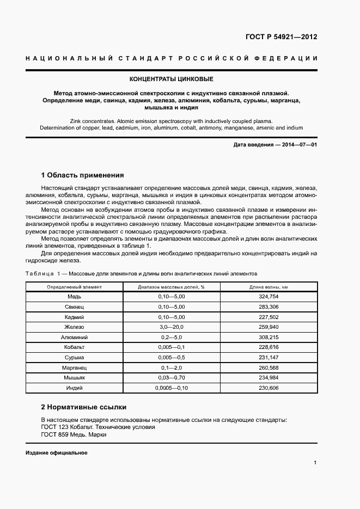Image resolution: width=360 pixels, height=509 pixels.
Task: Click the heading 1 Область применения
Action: pos(83,175)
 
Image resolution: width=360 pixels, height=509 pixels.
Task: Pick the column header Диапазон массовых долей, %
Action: pos(171,286)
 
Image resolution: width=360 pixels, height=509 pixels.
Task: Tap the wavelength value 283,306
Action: pos(269,307)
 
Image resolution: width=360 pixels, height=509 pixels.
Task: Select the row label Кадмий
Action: pos(74,317)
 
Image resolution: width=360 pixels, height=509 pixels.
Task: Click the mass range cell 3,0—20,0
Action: pos(171,327)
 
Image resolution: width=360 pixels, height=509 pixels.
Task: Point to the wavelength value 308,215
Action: pos(269,337)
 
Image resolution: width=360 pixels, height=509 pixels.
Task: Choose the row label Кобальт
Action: pos(74,347)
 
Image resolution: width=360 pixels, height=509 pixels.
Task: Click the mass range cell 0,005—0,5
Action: pos(171,357)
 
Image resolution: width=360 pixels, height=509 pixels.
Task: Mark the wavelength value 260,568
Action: pos(269,367)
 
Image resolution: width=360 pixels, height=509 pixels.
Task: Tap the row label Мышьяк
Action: pos(74,377)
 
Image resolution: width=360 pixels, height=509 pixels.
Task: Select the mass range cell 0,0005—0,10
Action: pos(171,387)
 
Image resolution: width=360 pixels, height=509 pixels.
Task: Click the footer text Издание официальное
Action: pos(56,453)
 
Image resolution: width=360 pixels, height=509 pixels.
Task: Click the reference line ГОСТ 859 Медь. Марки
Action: pos(75,435)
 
